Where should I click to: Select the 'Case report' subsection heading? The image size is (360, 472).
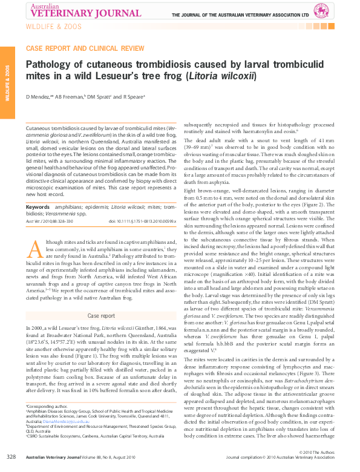pyautogui.click(x=101, y=316)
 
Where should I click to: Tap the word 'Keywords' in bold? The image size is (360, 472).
pyautogui.click(x=38, y=207)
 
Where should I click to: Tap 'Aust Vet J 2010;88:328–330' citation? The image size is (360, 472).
pyautogui.click(x=53, y=221)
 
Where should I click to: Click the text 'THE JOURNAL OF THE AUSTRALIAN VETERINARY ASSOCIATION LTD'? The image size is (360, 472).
pyautogui.click(x=240, y=15)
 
